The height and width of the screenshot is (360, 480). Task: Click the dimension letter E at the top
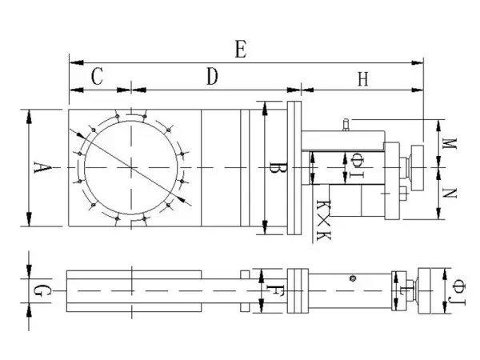click(241, 50)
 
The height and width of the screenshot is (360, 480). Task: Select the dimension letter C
click(97, 76)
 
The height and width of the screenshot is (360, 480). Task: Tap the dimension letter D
click(212, 77)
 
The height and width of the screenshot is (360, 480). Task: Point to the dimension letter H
click(363, 79)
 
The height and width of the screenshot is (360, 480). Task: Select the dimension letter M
click(450, 143)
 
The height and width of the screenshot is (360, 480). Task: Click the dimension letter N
click(450, 194)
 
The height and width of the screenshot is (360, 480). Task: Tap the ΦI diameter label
click(357, 166)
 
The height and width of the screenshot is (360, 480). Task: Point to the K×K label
click(323, 220)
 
